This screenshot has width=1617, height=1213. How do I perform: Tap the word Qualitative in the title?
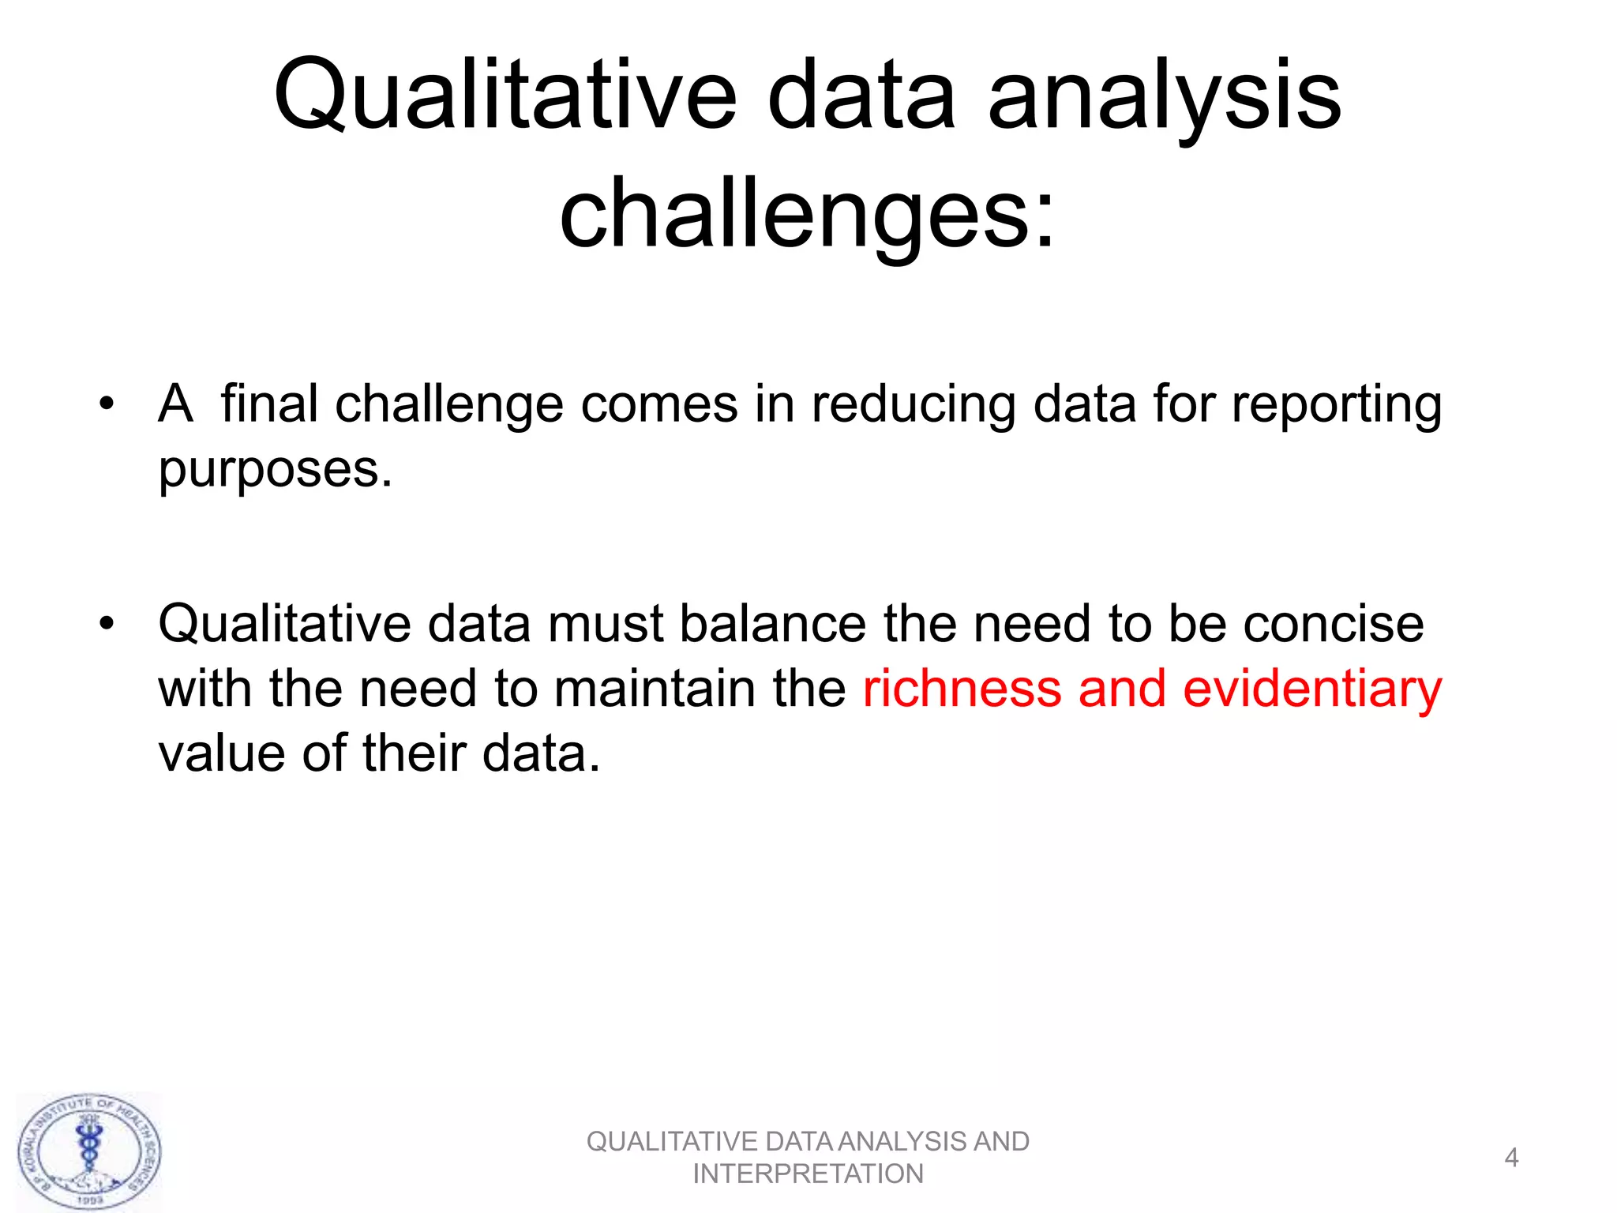(x=505, y=96)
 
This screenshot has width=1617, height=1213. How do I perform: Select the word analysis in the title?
(x=1165, y=96)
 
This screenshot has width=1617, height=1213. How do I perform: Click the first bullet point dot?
(x=107, y=405)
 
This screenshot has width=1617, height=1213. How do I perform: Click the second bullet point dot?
(x=107, y=624)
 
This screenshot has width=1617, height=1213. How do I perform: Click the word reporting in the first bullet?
(x=1336, y=405)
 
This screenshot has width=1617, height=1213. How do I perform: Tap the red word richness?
(x=962, y=689)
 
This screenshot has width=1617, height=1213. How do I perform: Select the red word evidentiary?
(x=1312, y=689)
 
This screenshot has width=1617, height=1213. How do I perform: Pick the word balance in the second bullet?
(x=772, y=624)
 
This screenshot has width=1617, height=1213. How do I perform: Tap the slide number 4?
(x=1511, y=1158)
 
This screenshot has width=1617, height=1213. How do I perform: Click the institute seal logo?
(x=89, y=1151)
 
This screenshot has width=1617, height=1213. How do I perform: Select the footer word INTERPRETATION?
(x=808, y=1174)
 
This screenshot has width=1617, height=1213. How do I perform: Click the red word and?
(x=1122, y=689)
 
